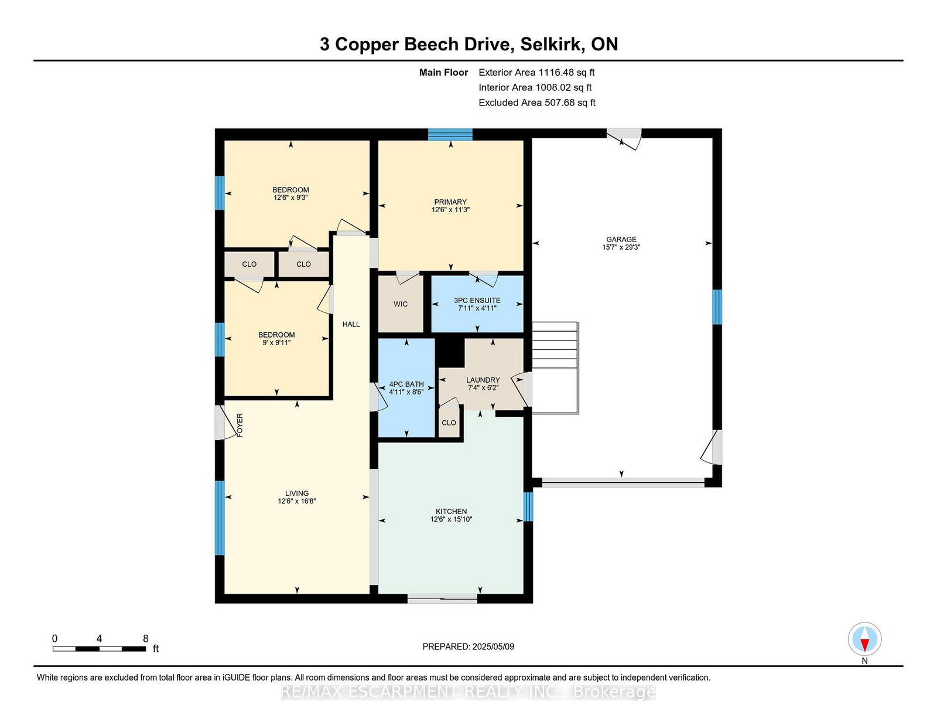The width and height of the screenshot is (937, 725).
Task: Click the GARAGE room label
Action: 621,239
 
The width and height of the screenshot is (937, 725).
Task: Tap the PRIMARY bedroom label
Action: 450,202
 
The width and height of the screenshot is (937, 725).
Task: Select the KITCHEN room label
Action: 451,512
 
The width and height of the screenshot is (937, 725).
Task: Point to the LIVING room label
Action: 297,493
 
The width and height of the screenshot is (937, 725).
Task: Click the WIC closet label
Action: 400,304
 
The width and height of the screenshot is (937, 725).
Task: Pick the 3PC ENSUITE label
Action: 477,300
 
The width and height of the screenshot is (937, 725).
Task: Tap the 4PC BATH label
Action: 406,384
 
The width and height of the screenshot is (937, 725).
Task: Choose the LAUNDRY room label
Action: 483,380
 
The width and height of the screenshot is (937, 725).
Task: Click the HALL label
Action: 351,324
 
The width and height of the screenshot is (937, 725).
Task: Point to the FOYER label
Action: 240,425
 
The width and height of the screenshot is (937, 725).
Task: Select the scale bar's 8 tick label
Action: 146,639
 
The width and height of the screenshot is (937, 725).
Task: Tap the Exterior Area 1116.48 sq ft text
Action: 536,73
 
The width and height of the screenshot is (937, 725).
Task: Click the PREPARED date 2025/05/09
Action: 493,646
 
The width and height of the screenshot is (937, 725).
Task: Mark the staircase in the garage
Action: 555,367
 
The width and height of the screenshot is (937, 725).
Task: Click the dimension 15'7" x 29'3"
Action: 621,247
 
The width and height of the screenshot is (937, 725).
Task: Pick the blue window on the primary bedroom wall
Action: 450,134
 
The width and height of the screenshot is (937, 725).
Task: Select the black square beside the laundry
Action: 450,352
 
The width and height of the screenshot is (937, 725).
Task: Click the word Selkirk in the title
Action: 550,45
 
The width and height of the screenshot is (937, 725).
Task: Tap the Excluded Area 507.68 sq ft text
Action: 537,103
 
